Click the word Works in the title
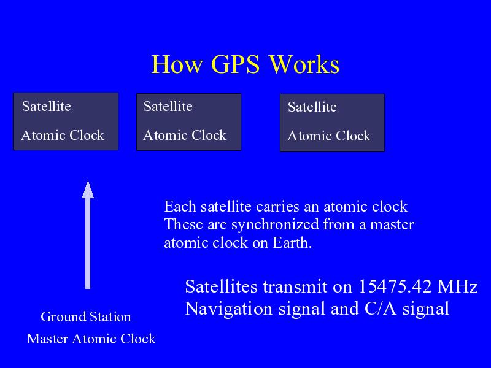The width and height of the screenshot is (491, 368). pos(304,64)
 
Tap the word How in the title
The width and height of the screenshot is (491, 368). pos(177,64)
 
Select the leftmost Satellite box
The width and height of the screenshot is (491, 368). pos(66,121)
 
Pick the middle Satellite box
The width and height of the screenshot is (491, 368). pos(189,122)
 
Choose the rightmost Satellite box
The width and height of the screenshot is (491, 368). pos(332,123)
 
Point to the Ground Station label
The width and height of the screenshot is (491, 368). pos(86,316)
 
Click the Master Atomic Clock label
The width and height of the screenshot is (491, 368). pos(91,339)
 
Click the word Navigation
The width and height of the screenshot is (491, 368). pos(229,309)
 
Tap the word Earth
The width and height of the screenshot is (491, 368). pos(292,242)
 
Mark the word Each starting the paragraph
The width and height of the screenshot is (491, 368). pos(180,207)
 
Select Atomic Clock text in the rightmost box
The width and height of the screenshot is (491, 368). pos(329,136)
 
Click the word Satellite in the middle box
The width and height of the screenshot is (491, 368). pos(168,106)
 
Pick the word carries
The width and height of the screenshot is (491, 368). pos(277,207)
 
